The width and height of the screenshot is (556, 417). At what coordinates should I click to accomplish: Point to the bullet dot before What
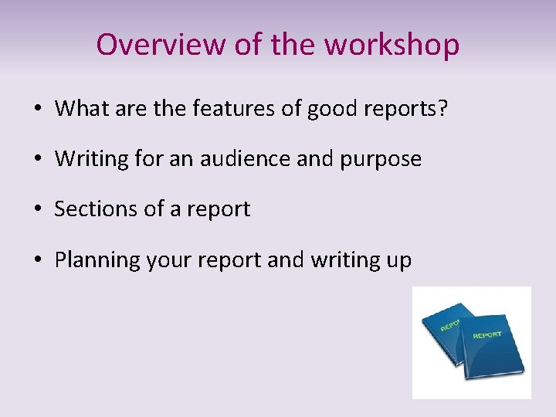[x=38, y=110]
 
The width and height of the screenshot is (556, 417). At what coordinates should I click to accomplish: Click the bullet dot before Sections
[x=38, y=210]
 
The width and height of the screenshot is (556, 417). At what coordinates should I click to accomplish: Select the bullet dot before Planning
[x=38, y=260]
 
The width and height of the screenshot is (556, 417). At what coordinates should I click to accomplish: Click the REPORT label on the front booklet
[x=486, y=334]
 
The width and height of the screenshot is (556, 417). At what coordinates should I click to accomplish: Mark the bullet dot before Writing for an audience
[x=38, y=160]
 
